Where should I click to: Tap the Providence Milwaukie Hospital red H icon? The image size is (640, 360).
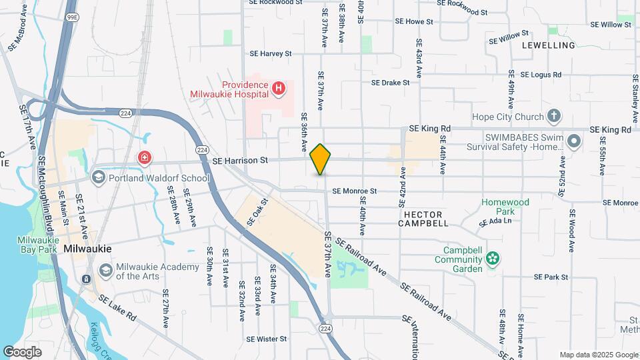click(x=279, y=87)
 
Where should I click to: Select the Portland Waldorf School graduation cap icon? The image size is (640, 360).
click(x=99, y=177)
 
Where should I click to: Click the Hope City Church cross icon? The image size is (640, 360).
click(x=553, y=117)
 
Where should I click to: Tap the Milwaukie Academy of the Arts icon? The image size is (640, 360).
click(x=105, y=270)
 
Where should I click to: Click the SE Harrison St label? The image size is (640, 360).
click(x=240, y=160)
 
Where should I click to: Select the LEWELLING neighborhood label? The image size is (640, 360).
click(x=549, y=45)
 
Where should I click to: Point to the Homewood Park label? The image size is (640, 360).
click(x=506, y=207)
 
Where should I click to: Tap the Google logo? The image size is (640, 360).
click(x=23, y=351)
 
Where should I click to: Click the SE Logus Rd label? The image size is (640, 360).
click(x=541, y=75)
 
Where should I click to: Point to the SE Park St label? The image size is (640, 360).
click(x=551, y=277)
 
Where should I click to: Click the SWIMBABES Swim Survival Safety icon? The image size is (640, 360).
click(x=575, y=141)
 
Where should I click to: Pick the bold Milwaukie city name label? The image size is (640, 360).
click(x=87, y=248)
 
